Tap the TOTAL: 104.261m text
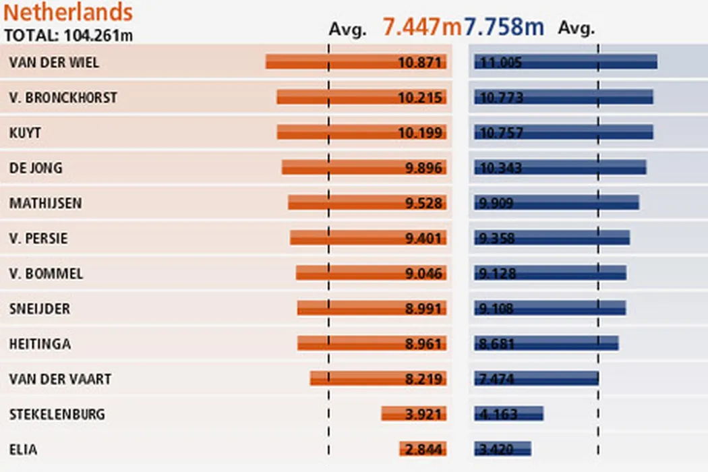(x=69, y=34)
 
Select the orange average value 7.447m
(x=421, y=27)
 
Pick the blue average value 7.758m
(x=504, y=27)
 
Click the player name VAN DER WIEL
(x=54, y=62)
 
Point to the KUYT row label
(x=25, y=133)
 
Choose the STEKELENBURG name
(x=57, y=414)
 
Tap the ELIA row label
(x=24, y=449)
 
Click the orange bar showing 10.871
(x=356, y=62)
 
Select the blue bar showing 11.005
(x=566, y=62)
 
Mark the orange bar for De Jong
(x=364, y=168)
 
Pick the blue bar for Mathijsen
(x=557, y=203)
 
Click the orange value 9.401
(x=423, y=238)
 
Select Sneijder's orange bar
(x=372, y=308)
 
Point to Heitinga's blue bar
(x=546, y=343)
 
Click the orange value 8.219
(x=423, y=379)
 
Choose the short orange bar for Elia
(x=423, y=449)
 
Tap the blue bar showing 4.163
(x=508, y=414)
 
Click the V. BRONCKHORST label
(x=63, y=98)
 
